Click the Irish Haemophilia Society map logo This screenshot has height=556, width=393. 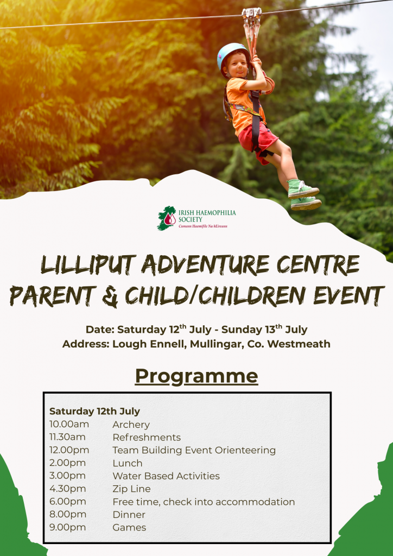pos(167,218)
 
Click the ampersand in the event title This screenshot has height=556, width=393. pos(110,296)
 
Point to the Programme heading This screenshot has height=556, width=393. pos(196,376)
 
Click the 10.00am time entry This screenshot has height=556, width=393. pos(69,424)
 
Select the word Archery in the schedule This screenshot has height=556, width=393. pos(131,425)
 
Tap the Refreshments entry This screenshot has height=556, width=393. pos(147,437)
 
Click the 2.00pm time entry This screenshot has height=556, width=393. pos(67,463)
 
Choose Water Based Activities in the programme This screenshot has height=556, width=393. pos(166,476)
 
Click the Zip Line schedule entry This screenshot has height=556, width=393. pos(131,489)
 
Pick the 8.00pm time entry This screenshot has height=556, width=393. pos(68,515)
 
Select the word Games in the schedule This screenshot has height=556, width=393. pos(129,527)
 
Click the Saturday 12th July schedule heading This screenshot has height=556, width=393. pos(94,412)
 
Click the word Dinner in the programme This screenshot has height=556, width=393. pos(129,515)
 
